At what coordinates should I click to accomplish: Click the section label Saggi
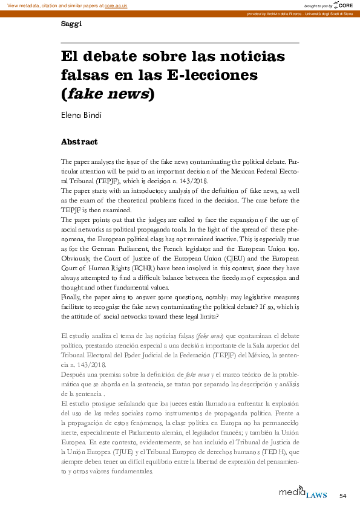(71, 24)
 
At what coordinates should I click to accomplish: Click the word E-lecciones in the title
(215, 75)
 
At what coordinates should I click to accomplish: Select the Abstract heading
(79, 142)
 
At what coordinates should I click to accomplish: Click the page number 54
(343, 496)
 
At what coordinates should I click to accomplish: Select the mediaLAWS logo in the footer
(303, 493)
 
